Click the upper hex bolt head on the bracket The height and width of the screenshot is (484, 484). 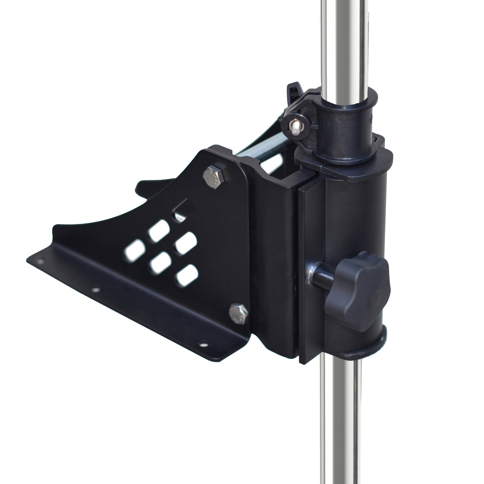pyautogui.click(x=213, y=177)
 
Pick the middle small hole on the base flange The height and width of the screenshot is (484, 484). pyautogui.click(x=95, y=290)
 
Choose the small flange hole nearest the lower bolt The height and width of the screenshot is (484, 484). pyautogui.click(x=202, y=345)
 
